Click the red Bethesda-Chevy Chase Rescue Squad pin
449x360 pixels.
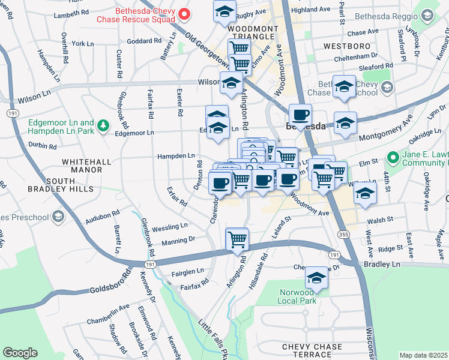click(184, 13)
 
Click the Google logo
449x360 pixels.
click(20, 353)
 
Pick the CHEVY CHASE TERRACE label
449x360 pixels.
click(312, 351)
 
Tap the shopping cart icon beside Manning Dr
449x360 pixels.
click(237, 239)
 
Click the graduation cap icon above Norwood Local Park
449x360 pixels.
click(316, 278)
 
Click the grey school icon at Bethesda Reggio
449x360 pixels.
click(428, 14)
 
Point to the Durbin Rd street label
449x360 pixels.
click(42, 146)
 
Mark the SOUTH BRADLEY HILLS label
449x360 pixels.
click(61, 184)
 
